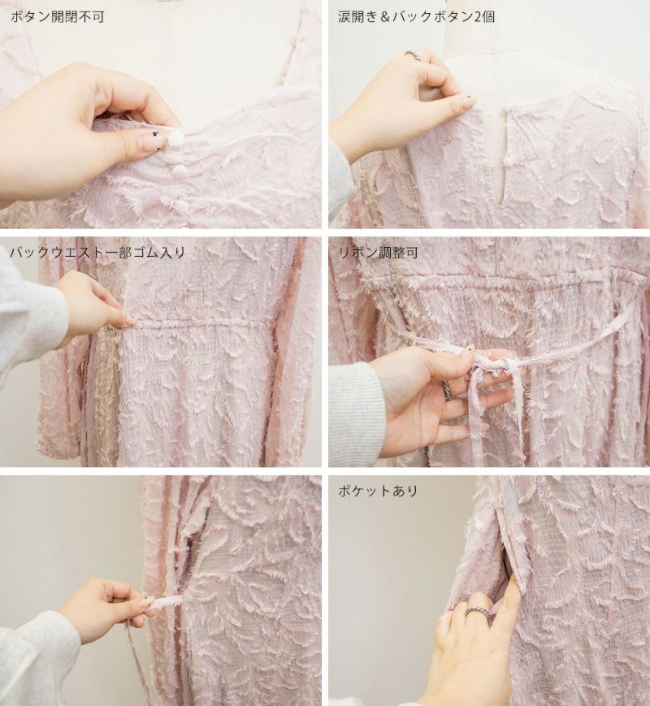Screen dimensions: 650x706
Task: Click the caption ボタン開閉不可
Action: point(57,17)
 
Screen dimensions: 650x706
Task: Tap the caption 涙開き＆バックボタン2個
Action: point(416,17)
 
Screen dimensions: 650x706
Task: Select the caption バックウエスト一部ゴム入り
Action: point(97,253)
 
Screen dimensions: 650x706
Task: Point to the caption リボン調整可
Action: point(378,253)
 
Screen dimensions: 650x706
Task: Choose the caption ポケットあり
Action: point(378,491)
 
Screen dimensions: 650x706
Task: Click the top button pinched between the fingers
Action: point(175,139)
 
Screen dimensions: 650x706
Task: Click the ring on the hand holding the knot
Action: point(448,389)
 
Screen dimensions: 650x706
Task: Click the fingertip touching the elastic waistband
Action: point(131,321)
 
